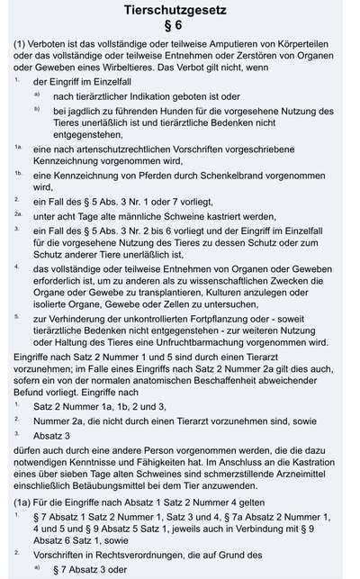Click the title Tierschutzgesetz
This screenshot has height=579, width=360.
click(179, 11)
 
